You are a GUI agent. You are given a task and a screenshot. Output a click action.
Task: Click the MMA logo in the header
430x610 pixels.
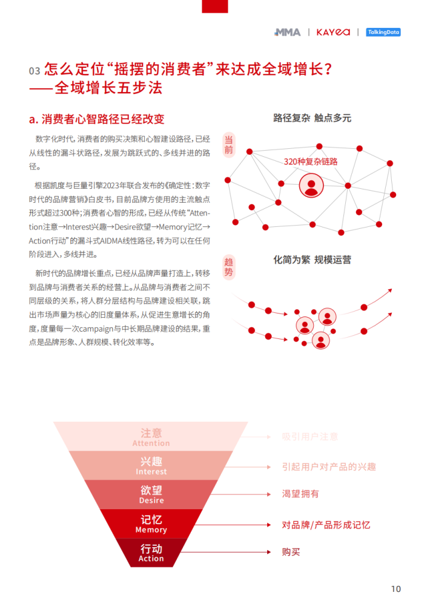click(x=288, y=32)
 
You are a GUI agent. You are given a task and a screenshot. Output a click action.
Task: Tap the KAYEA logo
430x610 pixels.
click(x=333, y=32)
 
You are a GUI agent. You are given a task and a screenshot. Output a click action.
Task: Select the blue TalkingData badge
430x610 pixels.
click(x=383, y=32)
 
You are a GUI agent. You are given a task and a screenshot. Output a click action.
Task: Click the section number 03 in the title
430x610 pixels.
click(x=35, y=71)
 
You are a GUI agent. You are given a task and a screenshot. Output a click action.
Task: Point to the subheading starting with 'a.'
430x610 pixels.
click(x=96, y=119)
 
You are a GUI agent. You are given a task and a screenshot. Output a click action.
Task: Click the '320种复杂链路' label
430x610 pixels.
click(x=311, y=162)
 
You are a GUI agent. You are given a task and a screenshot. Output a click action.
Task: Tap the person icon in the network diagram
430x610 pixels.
click(x=311, y=185)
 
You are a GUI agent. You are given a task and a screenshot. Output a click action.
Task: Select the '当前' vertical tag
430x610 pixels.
click(x=229, y=145)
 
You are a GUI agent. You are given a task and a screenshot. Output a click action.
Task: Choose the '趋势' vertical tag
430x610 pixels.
click(x=229, y=267)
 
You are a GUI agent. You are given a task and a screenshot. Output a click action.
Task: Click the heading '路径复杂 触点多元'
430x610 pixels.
click(x=313, y=118)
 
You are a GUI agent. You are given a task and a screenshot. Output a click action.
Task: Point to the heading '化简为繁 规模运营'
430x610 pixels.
click(x=313, y=260)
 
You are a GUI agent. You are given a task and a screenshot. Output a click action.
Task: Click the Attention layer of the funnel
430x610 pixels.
click(x=151, y=436)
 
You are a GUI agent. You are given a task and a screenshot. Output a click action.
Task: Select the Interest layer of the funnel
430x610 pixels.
click(x=151, y=466)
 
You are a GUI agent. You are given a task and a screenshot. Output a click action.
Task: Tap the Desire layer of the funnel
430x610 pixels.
click(x=151, y=494)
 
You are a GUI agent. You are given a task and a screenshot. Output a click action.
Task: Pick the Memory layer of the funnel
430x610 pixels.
click(x=151, y=523)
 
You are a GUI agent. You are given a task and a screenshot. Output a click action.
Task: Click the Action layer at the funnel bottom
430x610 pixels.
click(x=151, y=553)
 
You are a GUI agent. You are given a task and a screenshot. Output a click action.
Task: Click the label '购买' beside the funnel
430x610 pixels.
click(x=291, y=552)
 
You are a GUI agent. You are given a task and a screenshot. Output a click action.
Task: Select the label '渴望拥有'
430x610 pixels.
click(x=300, y=494)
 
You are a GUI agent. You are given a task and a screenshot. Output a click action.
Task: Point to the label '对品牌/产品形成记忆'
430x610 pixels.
click(x=326, y=525)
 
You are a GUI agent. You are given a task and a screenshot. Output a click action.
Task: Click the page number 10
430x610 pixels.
click(x=395, y=589)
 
